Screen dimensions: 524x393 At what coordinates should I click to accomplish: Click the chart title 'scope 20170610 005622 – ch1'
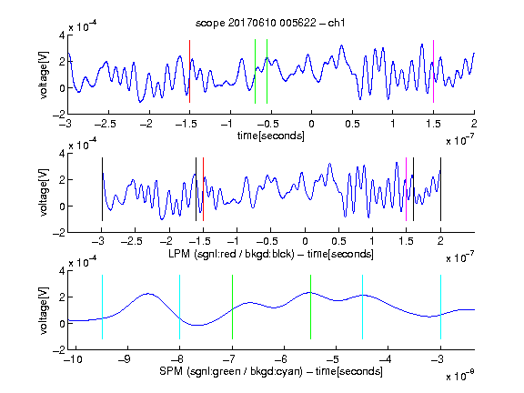(270, 23)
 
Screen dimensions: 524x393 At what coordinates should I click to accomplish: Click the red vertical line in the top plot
(189, 72)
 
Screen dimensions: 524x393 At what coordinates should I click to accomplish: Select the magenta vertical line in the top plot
(433, 72)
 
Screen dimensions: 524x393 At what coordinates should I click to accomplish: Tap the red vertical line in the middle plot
(203, 189)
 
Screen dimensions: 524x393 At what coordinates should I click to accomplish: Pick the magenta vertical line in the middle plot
(406, 189)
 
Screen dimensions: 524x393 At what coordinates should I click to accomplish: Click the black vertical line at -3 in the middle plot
(102, 189)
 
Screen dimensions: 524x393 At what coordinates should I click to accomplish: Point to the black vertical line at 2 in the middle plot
(440, 189)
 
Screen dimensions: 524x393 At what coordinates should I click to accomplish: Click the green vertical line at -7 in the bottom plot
(232, 307)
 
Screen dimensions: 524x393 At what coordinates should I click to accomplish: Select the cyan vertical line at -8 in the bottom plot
(179, 307)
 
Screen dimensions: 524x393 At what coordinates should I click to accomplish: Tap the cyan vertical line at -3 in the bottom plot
(440, 307)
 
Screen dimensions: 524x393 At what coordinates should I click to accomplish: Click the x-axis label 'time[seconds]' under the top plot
(271, 136)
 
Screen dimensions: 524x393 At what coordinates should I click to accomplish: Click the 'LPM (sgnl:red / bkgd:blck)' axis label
(231, 254)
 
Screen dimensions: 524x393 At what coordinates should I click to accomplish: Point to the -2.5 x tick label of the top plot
(106, 124)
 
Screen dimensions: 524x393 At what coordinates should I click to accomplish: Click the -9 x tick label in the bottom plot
(125, 359)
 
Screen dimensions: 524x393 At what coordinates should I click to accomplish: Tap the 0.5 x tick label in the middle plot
(338, 241)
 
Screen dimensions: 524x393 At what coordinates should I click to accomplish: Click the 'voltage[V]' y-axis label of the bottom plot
(44, 310)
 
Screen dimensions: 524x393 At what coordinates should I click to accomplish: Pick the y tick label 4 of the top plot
(62, 35)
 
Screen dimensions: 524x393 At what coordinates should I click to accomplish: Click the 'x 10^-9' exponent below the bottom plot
(460, 376)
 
